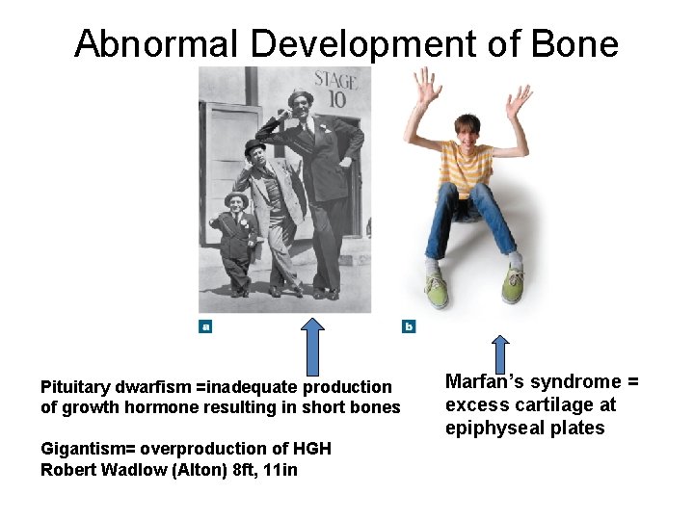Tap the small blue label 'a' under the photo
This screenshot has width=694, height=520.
pos(204,326)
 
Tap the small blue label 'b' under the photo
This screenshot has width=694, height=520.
pos(409,326)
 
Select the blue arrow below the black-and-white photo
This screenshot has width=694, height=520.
pos(314,346)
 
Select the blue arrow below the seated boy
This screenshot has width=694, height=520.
pos(499,353)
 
